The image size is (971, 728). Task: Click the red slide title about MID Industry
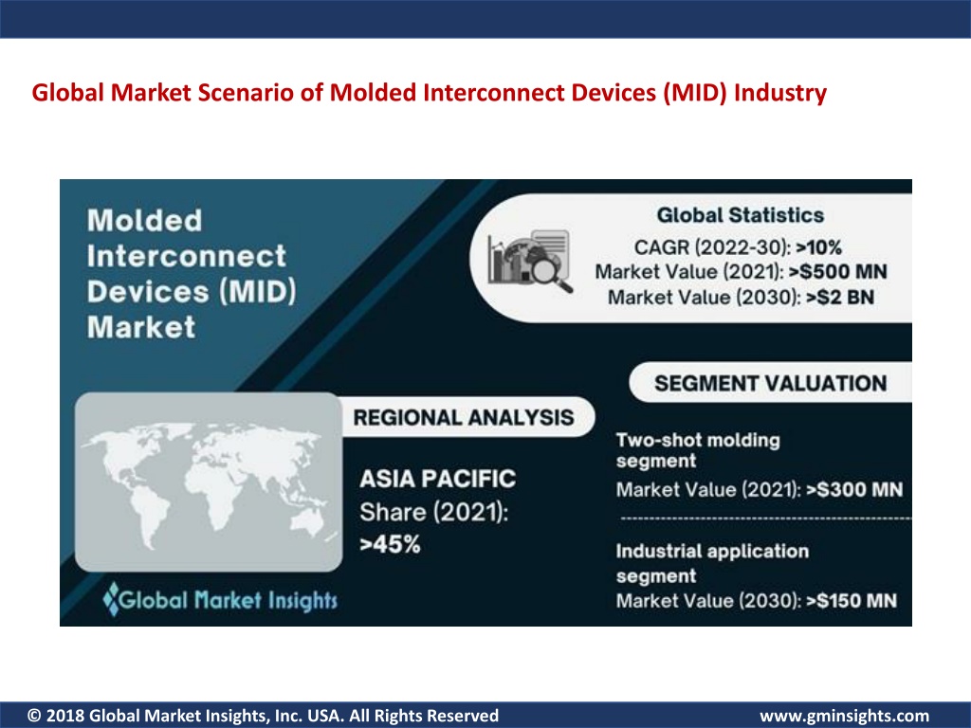(x=430, y=93)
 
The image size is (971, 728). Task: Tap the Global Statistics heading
(x=740, y=215)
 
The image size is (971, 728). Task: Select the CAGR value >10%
(x=818, y=247)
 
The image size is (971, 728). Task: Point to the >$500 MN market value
(x=838, y=272)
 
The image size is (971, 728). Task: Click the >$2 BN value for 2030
(x=840, y=297)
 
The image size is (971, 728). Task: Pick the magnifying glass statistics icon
(x=530, y=259)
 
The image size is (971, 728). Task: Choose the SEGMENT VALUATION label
(x=770, y=383)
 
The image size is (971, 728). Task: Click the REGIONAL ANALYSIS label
(x=463, y=417)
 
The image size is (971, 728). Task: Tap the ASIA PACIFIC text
(x=438, y=479)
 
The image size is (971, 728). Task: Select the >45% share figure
(x=390, y=545)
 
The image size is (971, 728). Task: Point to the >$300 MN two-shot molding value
(x=854, y=490)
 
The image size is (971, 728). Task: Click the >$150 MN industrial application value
(x=852, y=600)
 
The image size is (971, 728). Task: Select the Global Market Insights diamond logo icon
(x=111, y=599)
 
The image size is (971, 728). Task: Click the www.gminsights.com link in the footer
(x=845, y=717)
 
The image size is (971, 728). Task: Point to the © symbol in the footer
(x=35, y=716)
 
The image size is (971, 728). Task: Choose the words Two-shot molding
(x=698, y=440)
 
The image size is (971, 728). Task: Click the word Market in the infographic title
(x=141, y=327)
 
